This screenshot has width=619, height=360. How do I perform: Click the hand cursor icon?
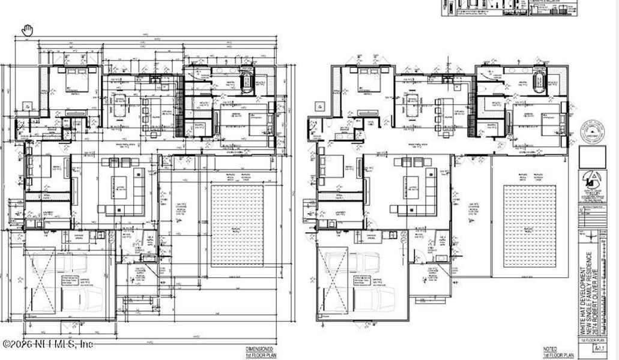28,30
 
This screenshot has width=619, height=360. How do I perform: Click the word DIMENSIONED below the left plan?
259,349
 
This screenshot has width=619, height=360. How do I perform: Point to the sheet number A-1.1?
597,347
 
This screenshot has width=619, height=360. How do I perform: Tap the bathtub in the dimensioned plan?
246,80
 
